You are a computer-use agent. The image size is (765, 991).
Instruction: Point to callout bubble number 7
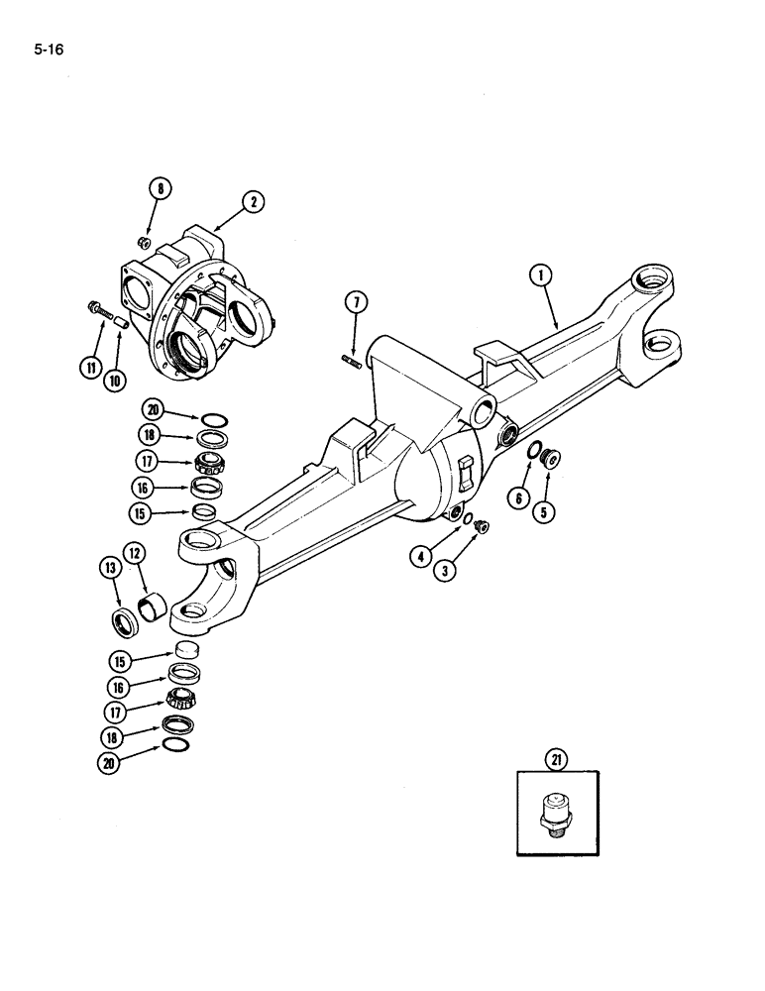[x=357, y=302]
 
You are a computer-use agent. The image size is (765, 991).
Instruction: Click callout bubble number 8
[x=159, y=189]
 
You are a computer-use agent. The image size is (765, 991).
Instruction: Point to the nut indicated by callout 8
[x=145, y=240]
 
